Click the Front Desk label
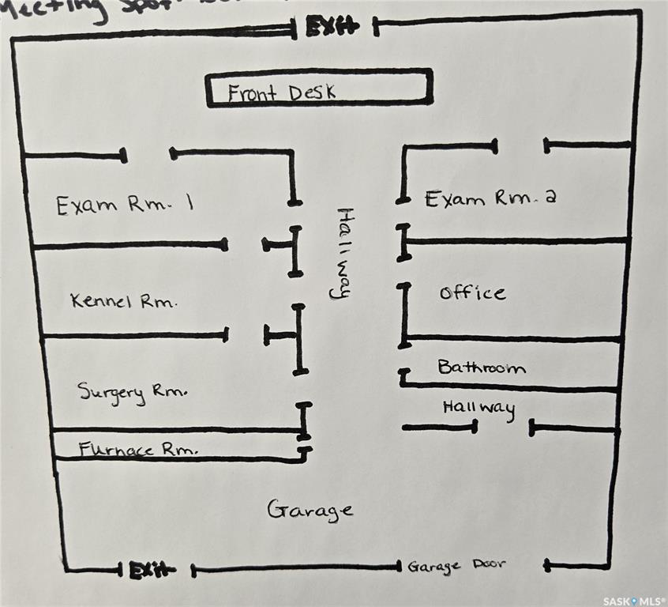pos(282,92)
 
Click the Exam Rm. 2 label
pos(490,198)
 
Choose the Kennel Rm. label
pos(124,301)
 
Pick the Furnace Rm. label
pos(138,450)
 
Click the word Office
pos(472,292)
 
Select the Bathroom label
pos(482,368)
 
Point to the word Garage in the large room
pos(310,510)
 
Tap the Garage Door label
pos(456,566)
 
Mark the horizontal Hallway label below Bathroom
pos(478,409)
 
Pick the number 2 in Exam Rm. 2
pos(550,198)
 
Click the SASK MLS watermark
pos(634,601)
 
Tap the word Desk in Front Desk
pos(310,92)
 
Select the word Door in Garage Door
pos(488,565)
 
